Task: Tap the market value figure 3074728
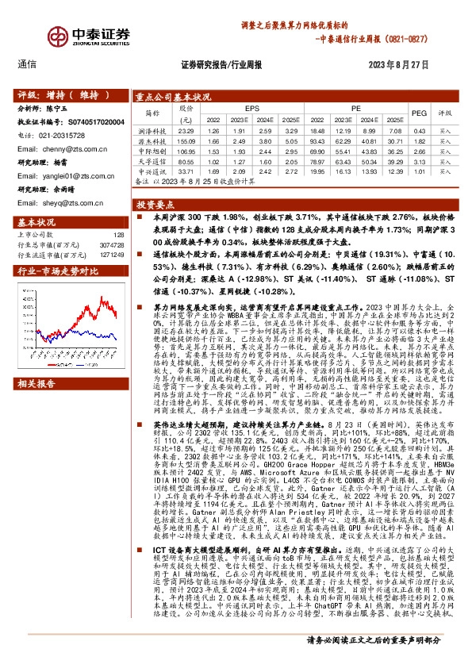click(113, 244)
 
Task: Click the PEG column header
click(419, 113)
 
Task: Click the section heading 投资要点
click(157, 203)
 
